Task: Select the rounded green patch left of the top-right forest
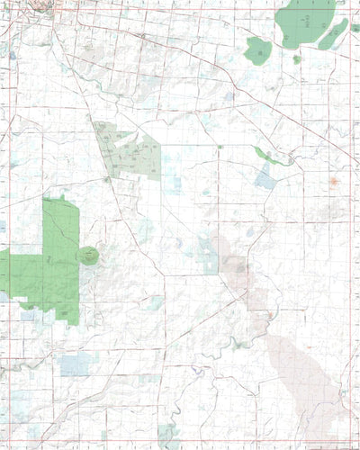coord(258,50)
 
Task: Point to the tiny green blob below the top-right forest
coord(297,59)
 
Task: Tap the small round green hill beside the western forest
coord(88,256)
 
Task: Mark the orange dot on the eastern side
coord(334,181)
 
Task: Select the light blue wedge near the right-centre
coord(265,176)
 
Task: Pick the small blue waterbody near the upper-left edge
coord(12,56)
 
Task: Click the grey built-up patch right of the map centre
coord(238,265)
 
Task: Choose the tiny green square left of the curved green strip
coord(219,147)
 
